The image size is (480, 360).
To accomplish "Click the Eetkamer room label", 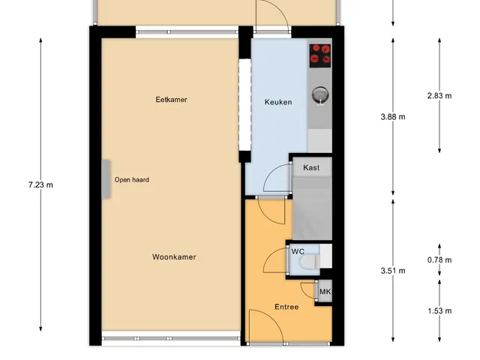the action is click(x=172, y=100).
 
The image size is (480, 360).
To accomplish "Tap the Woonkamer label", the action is click(x=174, y=256).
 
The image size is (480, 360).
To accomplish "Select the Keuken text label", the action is click(x=278, y=102).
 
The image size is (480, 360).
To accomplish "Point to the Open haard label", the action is click(x=132, y=180).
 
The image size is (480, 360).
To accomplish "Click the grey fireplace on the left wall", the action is click(x=106, y=179).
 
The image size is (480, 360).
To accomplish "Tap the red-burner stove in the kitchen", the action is click(x=320, y=55).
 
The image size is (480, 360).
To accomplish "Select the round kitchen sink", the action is click(x=320, y=94).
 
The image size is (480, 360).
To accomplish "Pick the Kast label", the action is click(x=311, y=168).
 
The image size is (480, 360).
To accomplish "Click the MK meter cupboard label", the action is click(x=325, y=292).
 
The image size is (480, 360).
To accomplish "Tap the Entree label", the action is click(x=286, y=307).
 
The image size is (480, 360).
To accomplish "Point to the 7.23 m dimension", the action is click(x=40, y=185).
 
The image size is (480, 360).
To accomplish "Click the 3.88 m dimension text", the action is click(x=393, y=117).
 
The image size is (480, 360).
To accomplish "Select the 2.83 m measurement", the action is click(x=439, y=96).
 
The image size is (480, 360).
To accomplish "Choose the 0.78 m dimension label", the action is click(x=439, y=260).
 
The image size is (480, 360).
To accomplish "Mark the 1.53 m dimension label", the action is click(x=439, y=311).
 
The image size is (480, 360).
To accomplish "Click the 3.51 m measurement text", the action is click(x=393, y=271).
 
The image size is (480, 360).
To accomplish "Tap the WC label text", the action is click(x=298, y=252).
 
